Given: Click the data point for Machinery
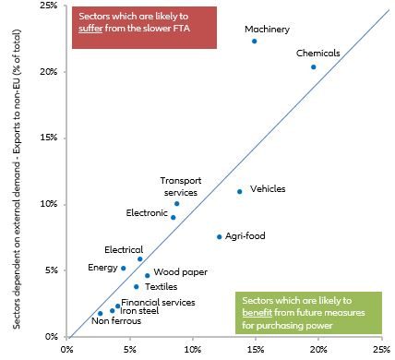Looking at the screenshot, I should (255, 42).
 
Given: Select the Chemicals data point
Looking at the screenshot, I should (314, 67).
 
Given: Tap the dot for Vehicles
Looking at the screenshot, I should (240, 192).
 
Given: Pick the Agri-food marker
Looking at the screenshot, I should (220, 237).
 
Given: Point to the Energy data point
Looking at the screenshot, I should (124, 269).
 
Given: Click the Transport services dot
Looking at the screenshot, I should (177, 204).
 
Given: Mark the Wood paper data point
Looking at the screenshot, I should (148, 276).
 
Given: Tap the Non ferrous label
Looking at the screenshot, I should (112, 322).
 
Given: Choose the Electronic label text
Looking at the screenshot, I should (146, 213).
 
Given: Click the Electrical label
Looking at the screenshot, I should (124, 249).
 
